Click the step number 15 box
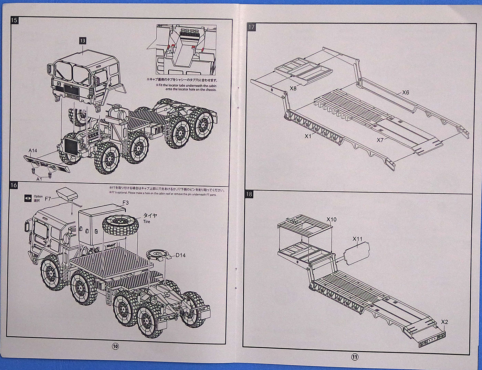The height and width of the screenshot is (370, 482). pos(14,20)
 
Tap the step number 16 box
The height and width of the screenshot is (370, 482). pos(14,185)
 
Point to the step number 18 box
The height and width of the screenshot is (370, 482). pos(249,194)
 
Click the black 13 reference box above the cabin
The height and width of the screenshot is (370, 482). pos(82,41)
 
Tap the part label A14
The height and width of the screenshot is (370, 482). pos(33,151)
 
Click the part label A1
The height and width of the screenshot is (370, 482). pos(39,179)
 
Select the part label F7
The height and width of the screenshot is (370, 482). pos(48,199)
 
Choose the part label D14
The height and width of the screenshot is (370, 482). pos(180,255)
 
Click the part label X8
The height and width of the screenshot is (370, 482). pos(293,88)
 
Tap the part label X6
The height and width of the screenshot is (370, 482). pos(406,92)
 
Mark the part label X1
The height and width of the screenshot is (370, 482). pos(308,136)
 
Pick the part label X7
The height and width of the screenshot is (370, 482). pos(380,140)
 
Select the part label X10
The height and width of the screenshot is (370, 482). pos(332,219)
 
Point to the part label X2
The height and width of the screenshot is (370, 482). pos(444,322)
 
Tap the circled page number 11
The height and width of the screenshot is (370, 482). pos(355,357)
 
